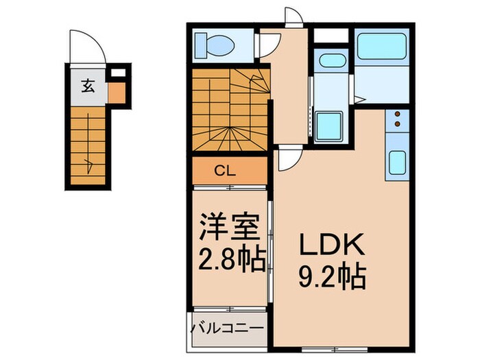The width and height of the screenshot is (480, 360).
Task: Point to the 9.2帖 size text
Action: pos(333,278)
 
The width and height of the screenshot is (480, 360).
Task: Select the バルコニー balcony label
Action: pos(226,328)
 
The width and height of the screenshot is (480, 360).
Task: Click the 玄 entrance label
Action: pos(88,86)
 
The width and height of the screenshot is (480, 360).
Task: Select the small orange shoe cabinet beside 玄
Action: pos(117,93)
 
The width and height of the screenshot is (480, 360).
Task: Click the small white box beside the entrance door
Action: pos(117,71)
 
